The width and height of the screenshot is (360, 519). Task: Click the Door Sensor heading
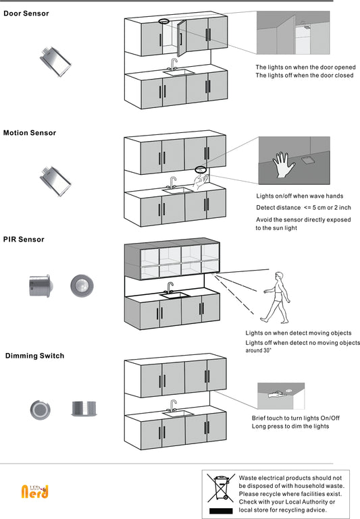click(x=26, y=13)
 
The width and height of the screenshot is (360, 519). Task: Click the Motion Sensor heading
click(x=30, y=133)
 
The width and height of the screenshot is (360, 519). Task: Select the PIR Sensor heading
click(x=24, y=240)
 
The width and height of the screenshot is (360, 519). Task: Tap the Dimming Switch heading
click(x=35, y=356)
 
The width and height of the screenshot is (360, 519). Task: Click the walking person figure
click(x=276, y=298)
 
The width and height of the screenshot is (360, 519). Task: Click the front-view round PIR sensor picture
click(x=82, y=285)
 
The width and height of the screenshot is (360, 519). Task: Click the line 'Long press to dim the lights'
click(x=290, y=427)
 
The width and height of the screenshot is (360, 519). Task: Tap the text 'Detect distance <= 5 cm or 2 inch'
click(x=303, y=208)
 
